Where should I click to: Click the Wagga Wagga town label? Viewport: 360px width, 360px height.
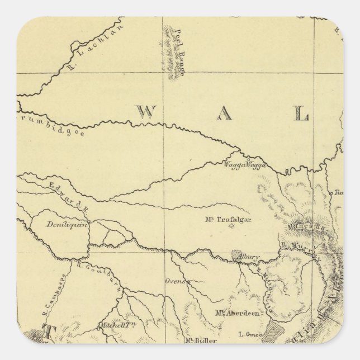click(x=244, y=165)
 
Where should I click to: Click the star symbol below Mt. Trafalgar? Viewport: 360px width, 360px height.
click(x=233, y=233)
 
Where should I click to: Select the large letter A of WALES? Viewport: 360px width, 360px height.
click(x=224, y=115)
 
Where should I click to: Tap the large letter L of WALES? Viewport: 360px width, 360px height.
click(x=302, y=115)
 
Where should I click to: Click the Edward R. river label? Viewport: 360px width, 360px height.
click(x=69, y=196)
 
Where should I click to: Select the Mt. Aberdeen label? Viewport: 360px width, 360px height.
click(x=236, y=314)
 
